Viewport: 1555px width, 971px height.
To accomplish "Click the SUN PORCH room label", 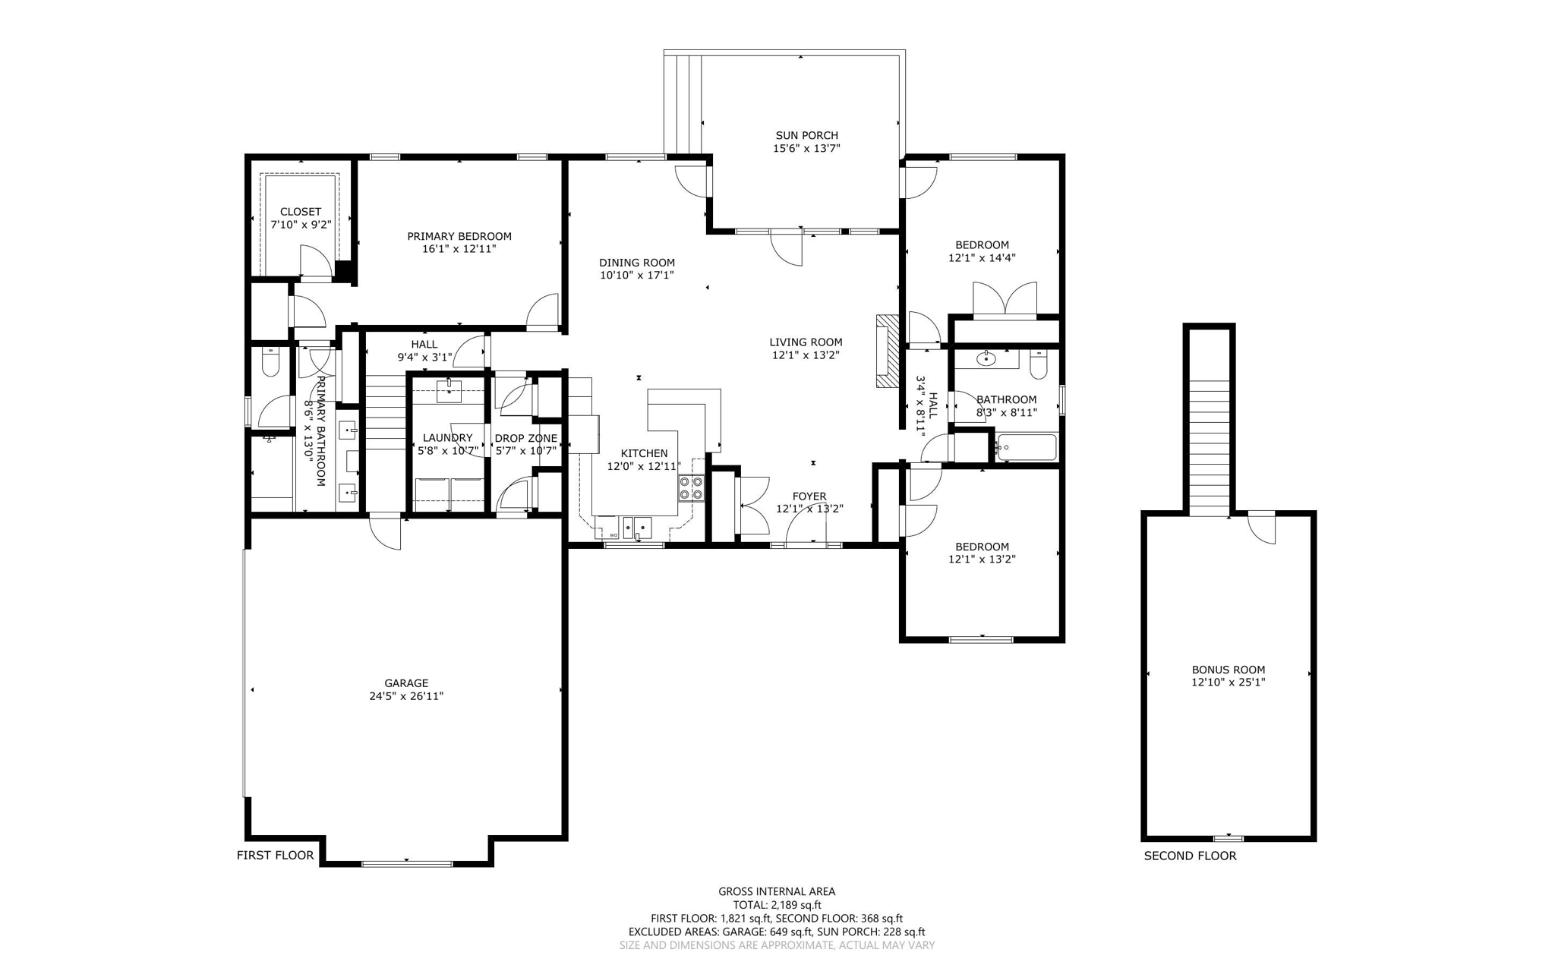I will point(806,136).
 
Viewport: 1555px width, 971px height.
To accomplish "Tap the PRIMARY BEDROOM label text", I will point(459,236).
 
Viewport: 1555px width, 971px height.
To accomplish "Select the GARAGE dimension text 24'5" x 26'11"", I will point(406,696).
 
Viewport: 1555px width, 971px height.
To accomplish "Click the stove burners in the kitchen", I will point(691,487).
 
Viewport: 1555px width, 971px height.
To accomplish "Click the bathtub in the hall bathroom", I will point(1027,447).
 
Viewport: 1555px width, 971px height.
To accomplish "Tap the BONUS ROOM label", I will point(1228,670).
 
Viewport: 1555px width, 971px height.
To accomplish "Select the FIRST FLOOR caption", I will point(275,856).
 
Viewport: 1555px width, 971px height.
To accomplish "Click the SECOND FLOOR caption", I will point(1190,856).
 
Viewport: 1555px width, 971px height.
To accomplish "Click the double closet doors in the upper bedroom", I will point(1005,299).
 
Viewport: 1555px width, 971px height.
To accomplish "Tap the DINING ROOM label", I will point(636,263).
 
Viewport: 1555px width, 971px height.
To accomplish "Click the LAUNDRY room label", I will point(447,438).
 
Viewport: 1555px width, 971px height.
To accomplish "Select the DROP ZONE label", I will point(525,438).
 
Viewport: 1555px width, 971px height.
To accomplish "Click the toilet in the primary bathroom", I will point(270,363).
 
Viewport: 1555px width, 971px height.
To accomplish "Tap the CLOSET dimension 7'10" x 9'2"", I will point(301,225).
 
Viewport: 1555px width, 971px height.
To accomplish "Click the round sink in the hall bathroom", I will point(986,358).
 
